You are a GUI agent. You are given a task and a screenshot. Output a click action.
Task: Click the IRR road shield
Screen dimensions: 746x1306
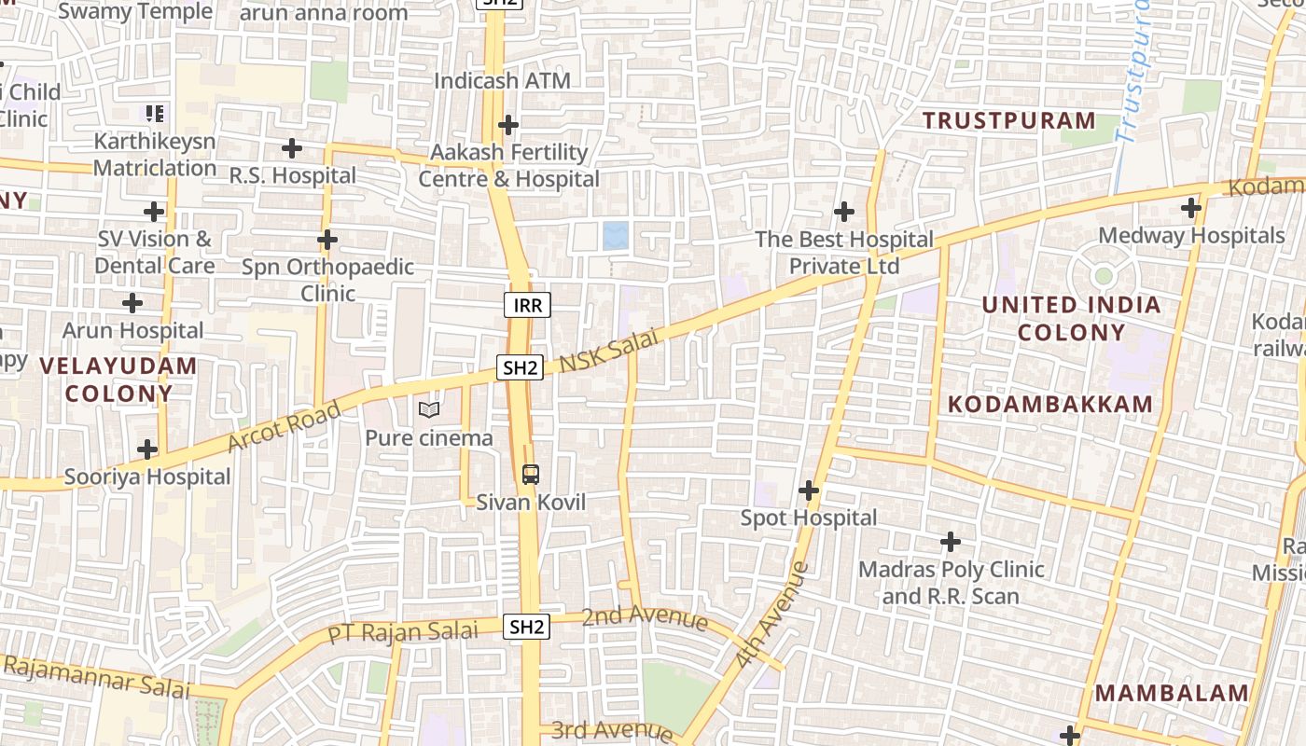528,305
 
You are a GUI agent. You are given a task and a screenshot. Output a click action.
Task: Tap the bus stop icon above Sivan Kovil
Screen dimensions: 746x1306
530,475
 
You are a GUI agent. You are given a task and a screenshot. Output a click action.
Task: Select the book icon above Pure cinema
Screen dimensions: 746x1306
429,409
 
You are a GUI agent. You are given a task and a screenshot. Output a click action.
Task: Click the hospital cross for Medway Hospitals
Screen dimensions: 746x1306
1191,207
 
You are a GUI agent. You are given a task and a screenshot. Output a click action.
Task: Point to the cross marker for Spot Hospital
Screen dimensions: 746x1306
809,490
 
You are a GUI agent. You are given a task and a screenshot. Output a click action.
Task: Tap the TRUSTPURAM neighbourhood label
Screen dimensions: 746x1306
1008,120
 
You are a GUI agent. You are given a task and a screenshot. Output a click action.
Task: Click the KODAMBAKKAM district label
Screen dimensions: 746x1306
1050,404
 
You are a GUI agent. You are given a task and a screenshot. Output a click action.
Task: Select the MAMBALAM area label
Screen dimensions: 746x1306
1171,693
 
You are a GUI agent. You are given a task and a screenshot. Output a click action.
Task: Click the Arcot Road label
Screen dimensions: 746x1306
284,428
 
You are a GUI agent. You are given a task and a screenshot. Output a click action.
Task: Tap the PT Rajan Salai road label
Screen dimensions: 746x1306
402,632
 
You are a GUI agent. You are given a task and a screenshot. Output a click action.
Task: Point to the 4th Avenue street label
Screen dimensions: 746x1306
771,614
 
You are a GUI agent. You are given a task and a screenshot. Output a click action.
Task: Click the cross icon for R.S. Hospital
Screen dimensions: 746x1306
292,147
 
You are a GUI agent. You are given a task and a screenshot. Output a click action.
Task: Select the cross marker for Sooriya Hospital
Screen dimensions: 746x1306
147,449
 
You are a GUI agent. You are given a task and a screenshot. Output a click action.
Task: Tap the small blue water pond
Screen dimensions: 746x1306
615,235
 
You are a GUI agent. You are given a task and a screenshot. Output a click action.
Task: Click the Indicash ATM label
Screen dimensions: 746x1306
502,81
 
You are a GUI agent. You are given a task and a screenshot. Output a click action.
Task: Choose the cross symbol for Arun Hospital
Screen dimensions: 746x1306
132,303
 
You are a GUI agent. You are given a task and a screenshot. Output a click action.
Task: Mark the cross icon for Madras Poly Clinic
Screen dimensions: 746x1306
951,541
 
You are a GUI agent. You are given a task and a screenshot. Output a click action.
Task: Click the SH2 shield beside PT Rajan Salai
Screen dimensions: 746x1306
527,627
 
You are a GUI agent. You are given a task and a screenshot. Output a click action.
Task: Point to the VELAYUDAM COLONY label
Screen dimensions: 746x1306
118,379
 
